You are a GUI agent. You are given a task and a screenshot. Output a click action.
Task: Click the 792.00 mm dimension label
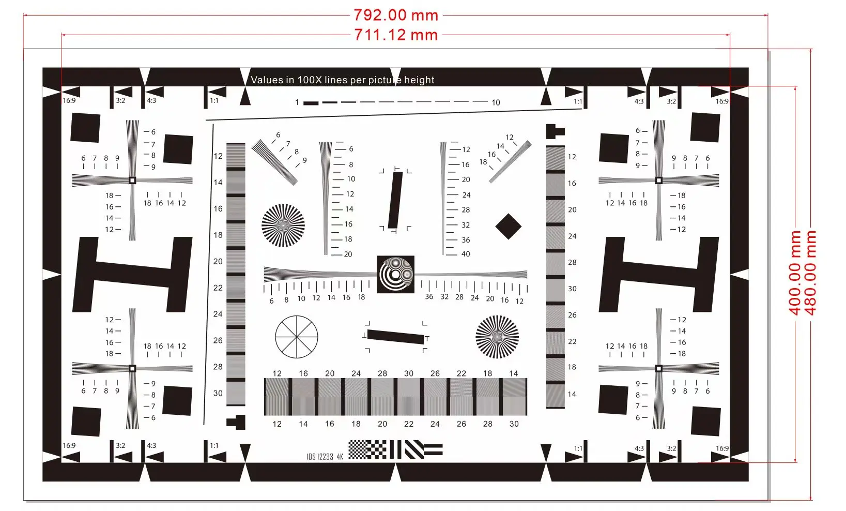[396, 16]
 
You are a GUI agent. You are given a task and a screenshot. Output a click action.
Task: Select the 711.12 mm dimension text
[396, 35]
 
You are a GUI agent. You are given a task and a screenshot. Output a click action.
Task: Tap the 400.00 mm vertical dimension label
[795, 273]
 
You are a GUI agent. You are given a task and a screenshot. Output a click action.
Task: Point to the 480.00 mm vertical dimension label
[810, 273]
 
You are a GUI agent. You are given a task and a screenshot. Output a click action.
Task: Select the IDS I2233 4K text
[325, 457]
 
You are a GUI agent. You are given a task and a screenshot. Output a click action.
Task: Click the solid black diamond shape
[509, 227]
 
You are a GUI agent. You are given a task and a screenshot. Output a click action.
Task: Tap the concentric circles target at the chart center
[395, 275]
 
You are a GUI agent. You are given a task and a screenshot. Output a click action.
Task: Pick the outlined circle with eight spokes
[297, 337]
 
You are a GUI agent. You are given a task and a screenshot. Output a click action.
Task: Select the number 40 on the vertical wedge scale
[466, 254]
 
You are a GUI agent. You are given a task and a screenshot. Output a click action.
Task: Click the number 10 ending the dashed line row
[496, 102]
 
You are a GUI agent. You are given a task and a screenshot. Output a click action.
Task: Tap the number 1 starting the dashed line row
[297, 102]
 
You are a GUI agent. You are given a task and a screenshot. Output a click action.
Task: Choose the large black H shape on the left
[132, 275]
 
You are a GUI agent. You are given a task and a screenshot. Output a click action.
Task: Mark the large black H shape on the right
[659, 275]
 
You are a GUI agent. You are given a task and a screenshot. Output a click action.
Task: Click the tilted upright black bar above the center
[395, 200]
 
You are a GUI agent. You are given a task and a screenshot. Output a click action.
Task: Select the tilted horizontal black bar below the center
[395, 337]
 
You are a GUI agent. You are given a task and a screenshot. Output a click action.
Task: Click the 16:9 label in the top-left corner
[69, 100]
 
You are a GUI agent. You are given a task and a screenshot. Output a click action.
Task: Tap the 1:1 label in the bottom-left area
[214, 446]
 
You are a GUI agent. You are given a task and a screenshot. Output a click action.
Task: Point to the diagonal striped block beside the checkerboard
[414, 449]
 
